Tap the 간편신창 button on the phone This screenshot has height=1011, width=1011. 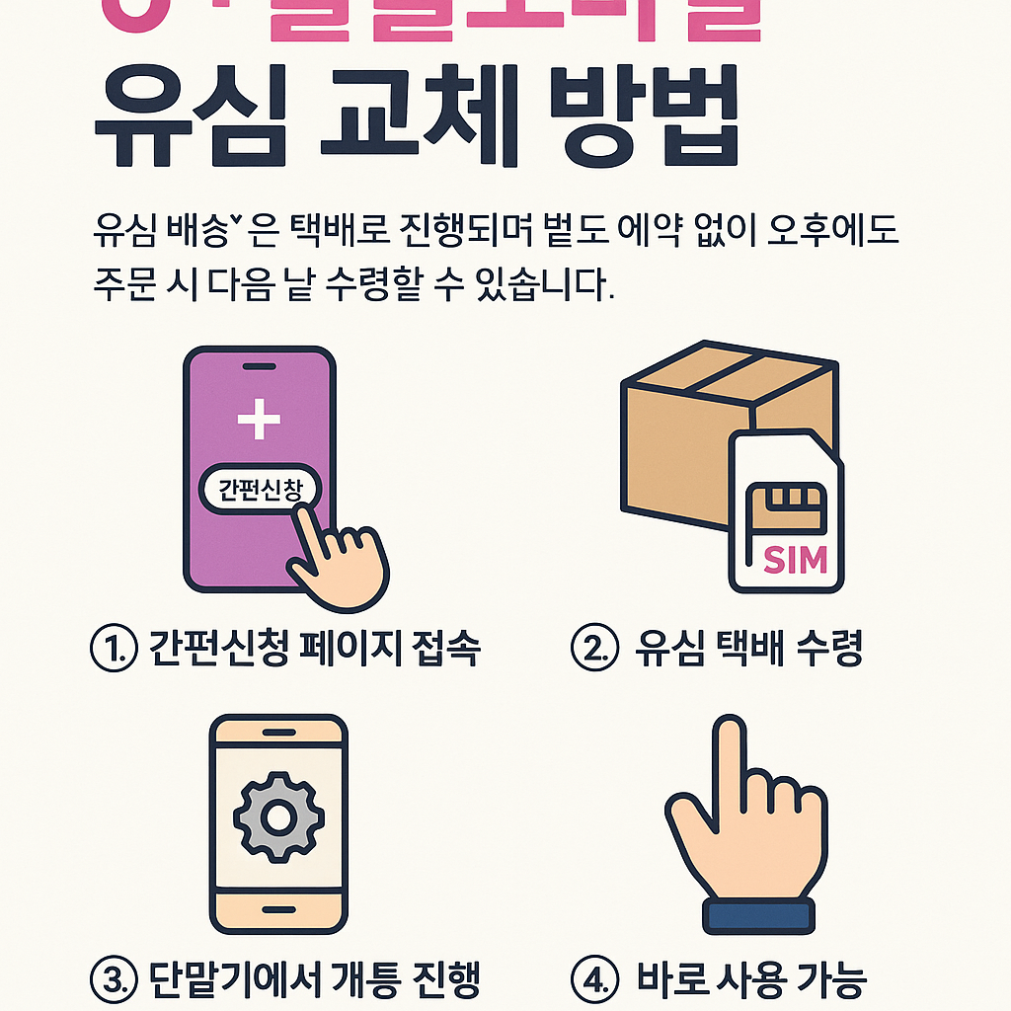[261, 489]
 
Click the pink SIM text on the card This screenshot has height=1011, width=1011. [795, 560]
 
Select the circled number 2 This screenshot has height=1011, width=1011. [594, 649]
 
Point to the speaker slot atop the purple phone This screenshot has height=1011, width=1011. [260, 367]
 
